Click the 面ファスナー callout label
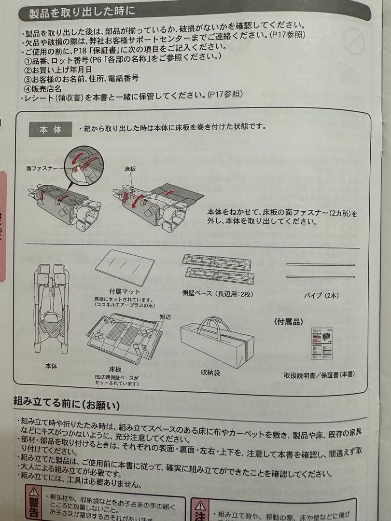pyautogui.click(x=42, y=168)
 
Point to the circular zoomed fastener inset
pyautogui.click(x=85, y=165)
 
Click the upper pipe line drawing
pyautogui.click(x=321, y=265)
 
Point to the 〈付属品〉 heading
pyautogui.click(x=289, y=320)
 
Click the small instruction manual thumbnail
pyautogui.click(x=321, y=343)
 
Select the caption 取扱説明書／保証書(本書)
pyautogui.click(x=319, y=374)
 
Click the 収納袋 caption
pyautogui.click(x=210, y=372)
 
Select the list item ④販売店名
pyautogui.click(x=43, y=89)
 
